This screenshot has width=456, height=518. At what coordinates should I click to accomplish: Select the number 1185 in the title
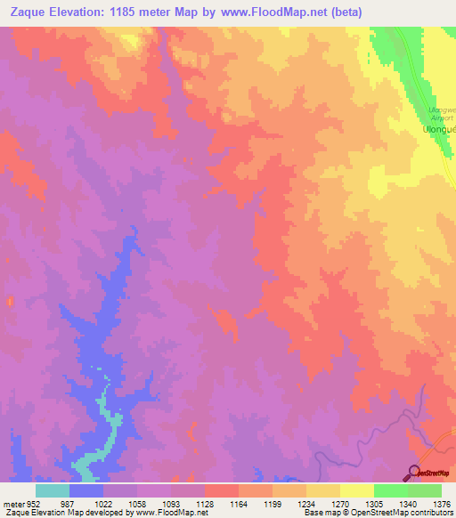[134, 12]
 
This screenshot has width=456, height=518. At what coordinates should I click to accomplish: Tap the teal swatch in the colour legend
[53, 490]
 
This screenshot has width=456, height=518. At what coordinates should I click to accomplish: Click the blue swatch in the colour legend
[86, 490]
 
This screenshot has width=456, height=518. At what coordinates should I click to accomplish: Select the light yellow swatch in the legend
[357, 490]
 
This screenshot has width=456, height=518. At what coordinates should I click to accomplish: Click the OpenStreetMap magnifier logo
[414, 472]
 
